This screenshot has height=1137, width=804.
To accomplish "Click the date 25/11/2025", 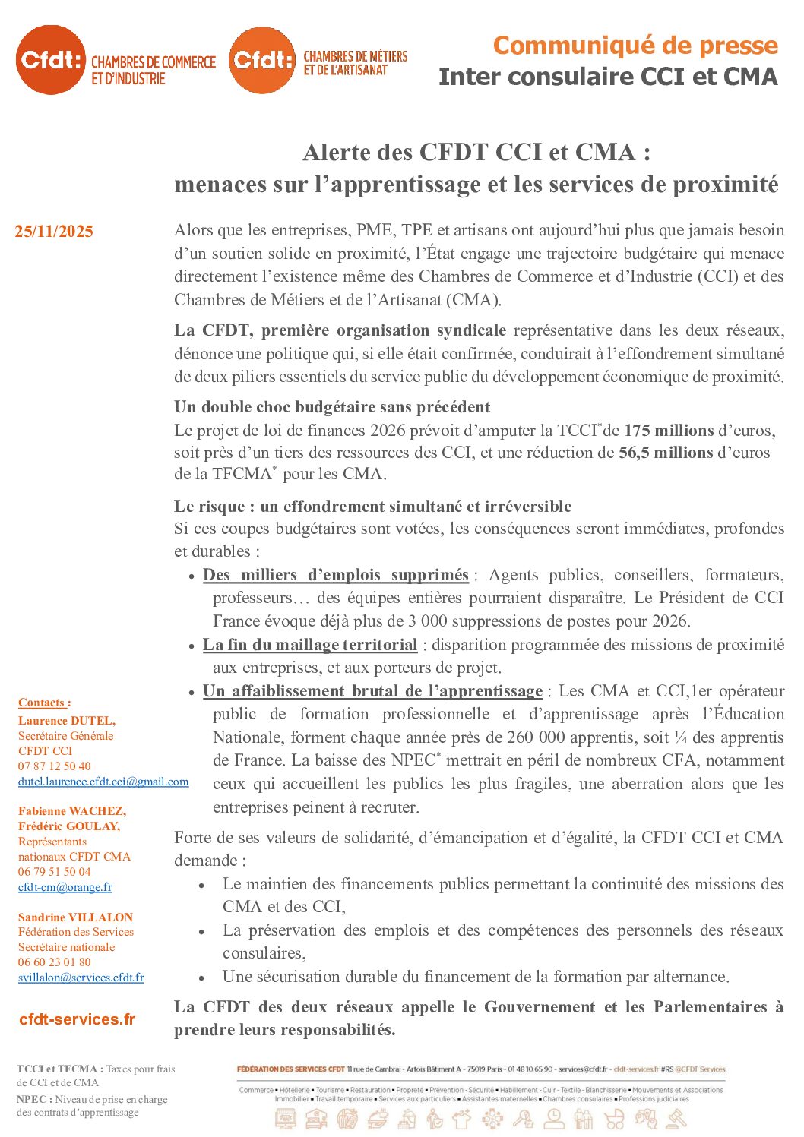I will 54,232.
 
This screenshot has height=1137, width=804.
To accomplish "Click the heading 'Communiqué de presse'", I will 635,46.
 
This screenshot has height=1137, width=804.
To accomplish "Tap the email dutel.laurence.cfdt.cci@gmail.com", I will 103,782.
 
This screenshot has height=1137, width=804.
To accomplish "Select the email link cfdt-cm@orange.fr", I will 65,887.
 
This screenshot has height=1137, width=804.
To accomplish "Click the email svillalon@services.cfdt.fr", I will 81,978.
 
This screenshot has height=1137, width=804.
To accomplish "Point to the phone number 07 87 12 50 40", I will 54,766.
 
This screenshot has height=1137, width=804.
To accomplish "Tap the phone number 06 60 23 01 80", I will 54,962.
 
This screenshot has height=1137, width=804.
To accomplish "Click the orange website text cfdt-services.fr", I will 77,1019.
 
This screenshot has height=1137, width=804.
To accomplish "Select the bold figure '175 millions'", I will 669,431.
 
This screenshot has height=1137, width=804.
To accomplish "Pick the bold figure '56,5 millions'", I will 666,453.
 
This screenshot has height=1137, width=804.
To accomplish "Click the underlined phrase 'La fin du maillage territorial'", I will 310,645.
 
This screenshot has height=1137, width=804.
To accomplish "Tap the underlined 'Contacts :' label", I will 44,703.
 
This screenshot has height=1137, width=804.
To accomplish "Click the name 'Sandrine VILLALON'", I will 75,917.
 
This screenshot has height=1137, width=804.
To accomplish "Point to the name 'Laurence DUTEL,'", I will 67,721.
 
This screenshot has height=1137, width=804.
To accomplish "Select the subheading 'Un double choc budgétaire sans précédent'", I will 332,407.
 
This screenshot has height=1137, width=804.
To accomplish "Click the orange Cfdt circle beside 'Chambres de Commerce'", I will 50,59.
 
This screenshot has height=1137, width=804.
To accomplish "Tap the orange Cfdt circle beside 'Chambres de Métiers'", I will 262,59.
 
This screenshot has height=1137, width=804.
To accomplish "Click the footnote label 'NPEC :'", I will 34,1099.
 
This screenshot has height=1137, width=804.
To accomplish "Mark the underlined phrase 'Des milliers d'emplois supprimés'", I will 335,575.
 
